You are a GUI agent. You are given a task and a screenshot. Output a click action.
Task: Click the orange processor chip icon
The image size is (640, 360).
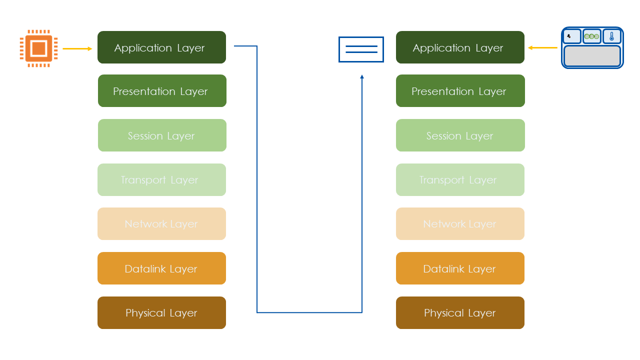38,48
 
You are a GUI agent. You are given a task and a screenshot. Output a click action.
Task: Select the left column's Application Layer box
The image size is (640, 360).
161,47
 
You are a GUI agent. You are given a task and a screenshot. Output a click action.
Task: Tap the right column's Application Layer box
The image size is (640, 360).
460,47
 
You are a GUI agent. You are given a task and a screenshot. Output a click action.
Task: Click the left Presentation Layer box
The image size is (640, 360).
162,91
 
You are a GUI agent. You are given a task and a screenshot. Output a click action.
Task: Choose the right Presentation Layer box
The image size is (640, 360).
460,91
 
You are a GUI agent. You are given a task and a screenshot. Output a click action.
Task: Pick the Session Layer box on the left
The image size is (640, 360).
162,135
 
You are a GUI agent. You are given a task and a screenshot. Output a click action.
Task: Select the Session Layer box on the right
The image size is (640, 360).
460,135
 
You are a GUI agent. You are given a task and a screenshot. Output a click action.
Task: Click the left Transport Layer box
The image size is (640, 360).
161,180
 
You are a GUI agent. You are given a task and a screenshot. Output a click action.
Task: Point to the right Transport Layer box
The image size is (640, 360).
460,180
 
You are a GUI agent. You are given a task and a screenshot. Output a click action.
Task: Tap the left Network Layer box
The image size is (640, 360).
161,224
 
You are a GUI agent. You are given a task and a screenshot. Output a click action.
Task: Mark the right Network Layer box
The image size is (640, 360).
460,224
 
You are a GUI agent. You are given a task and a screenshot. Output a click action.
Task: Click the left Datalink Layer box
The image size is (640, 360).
161,268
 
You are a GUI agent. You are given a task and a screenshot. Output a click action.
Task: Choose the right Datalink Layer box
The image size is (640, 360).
460,268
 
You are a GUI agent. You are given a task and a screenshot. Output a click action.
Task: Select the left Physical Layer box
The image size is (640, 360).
161,313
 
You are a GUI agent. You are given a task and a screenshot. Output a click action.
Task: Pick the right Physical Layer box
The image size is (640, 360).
460,313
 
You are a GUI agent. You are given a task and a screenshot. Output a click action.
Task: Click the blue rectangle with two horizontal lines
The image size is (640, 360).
361,49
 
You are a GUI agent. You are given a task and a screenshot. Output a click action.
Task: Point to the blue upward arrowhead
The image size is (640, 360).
362,77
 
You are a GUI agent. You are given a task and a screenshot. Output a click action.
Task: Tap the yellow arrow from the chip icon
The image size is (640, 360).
77,48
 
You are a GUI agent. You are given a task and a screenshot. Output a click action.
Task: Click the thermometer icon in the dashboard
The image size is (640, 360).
611,36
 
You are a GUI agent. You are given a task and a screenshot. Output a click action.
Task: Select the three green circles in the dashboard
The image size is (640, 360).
591,36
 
